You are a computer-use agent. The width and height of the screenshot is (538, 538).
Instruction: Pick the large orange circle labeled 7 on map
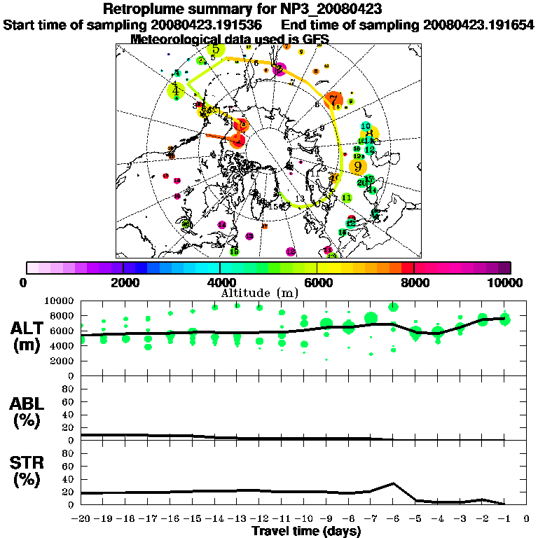[x=334, y=100]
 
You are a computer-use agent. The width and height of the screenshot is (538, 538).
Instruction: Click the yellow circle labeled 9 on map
[x=358, y=166]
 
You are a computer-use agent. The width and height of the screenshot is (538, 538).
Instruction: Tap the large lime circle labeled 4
[x=176, y=90]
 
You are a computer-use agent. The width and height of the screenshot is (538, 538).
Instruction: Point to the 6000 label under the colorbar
[x=317, y=283]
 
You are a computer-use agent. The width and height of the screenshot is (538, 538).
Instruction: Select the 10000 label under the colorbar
[x=506, y=283]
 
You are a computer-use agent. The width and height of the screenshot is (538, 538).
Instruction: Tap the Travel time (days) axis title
[x=306, y=532]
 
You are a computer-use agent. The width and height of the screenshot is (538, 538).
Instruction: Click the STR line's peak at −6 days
[x=394, y=483]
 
